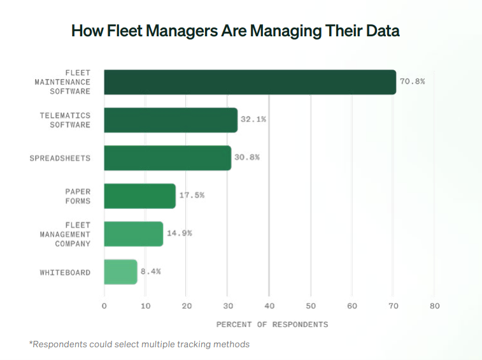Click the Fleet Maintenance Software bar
tap(250, 82)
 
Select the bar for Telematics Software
tap(170, 120)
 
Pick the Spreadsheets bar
tap(167, 157)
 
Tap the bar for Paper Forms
tap(139, 196)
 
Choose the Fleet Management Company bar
tap(133, 234)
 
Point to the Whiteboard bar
tap(120, 271)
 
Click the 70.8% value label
tap(412, 82)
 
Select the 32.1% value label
tap(253, 119)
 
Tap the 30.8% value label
tap(246, 157)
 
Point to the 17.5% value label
tap(192, 195)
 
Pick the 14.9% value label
tap(179, 233)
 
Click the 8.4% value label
tap(150, 271)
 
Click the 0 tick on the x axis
tap(104, 306)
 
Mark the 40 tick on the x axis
tap(269, 306)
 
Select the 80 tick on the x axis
tap(435, 306)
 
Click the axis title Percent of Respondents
tap(272, 324)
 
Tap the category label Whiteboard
tap(65, 272)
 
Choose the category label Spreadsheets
tap(60, 158)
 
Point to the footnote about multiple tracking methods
tap(139, 344)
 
